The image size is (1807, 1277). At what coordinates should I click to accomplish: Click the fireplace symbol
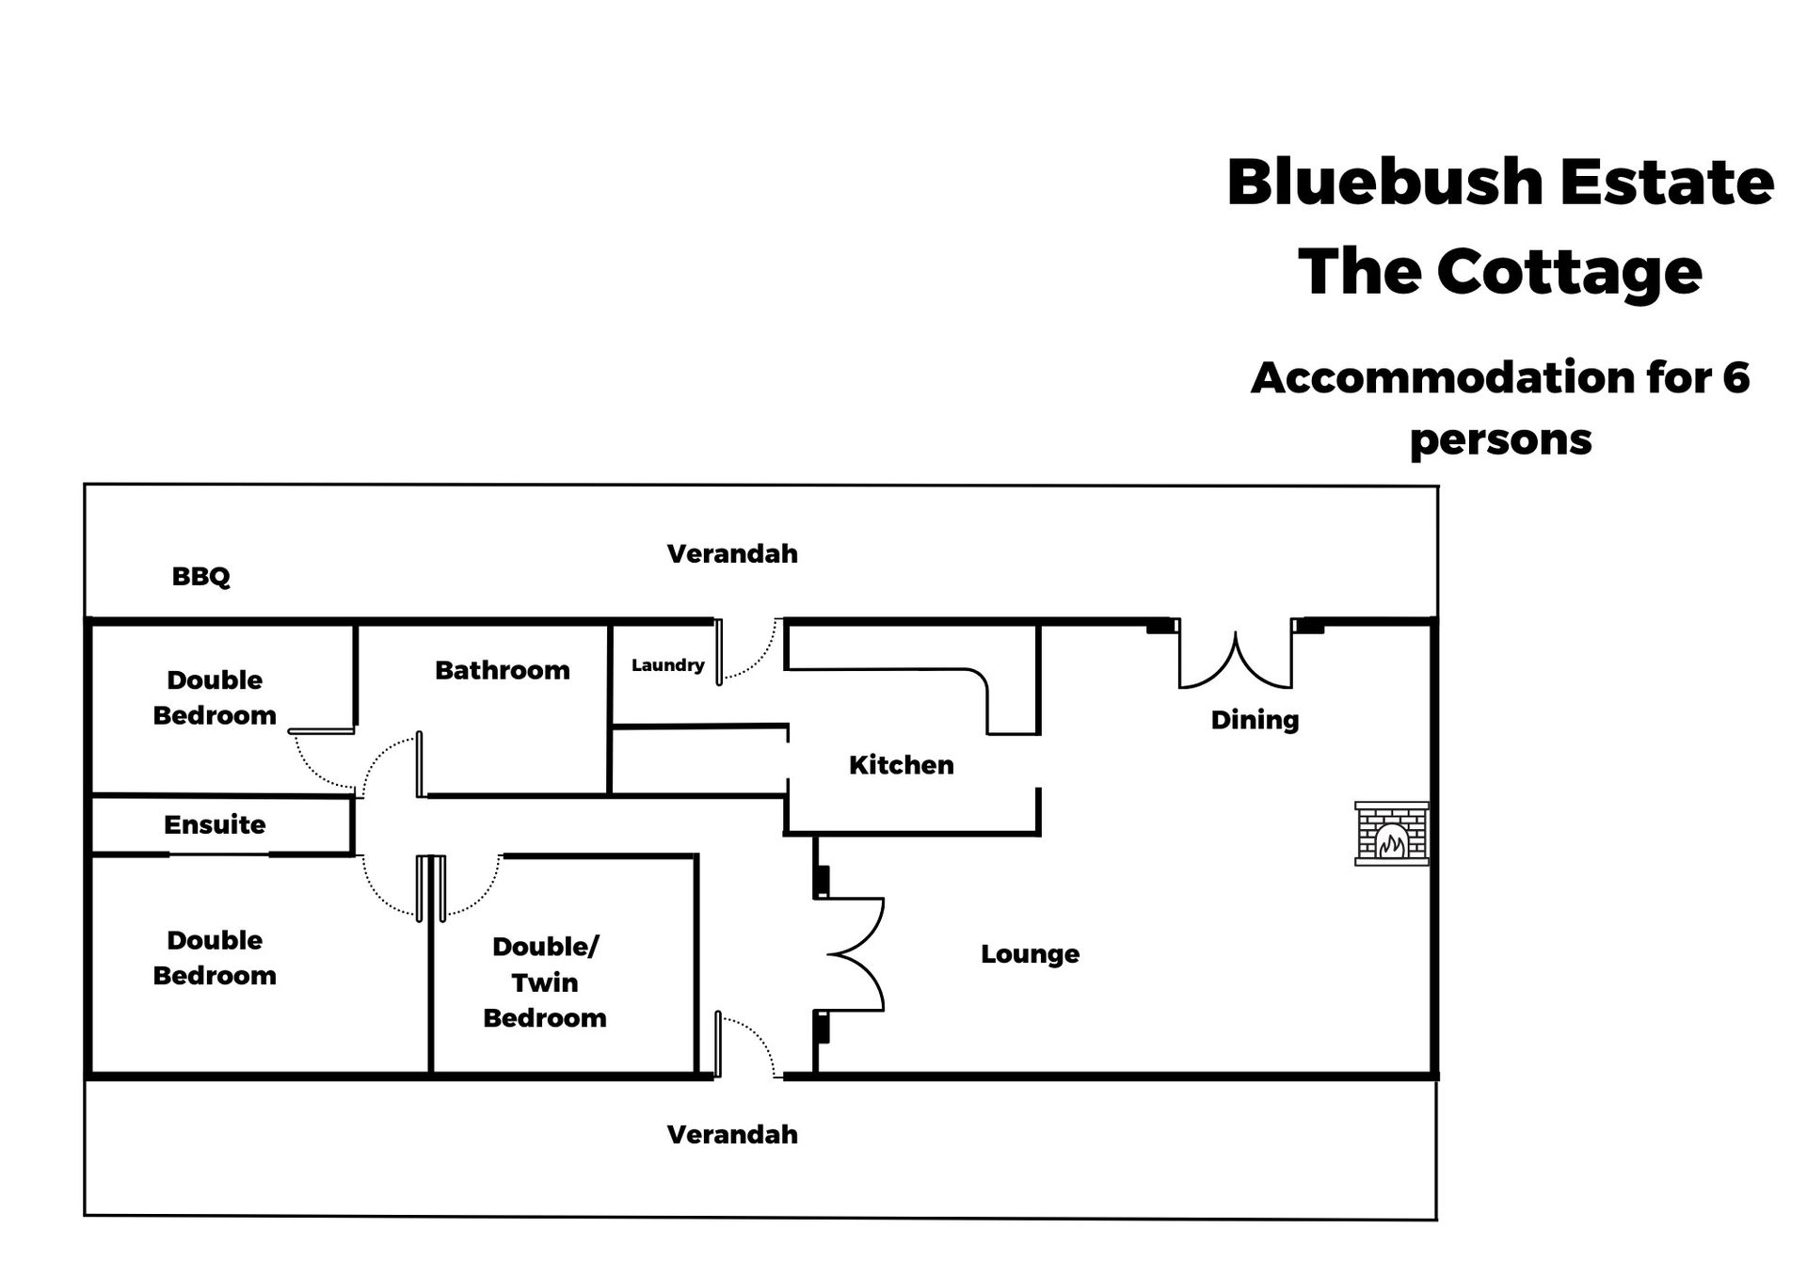click(1391, 833)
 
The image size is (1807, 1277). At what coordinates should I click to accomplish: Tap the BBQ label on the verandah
click(200, 576)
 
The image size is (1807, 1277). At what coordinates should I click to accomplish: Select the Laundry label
click(667, 665)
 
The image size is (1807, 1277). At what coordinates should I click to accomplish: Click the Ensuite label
click(215, 824)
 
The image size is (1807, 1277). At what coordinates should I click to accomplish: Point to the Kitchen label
click(901, 765)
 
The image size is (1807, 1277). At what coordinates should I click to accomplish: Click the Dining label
click(1255, 720)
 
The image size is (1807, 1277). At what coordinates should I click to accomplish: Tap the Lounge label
click(1030, 954)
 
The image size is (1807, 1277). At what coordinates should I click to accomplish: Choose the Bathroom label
click(502, 670)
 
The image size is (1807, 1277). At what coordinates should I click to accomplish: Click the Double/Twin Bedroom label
click(545, 982)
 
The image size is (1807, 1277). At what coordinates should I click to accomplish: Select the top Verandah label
click(732, 553)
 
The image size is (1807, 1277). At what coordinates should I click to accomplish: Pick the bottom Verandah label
click(732, 1134)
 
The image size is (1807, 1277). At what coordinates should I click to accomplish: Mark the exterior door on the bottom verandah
click(746, 1045)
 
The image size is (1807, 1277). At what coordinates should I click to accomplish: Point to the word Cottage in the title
click(1569, 273)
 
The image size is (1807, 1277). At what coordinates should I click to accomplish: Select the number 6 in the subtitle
click(1735, 377)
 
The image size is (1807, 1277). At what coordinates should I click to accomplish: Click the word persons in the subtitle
click(1500, 439)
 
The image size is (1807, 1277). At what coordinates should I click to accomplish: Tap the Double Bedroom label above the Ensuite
click(215, 697)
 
